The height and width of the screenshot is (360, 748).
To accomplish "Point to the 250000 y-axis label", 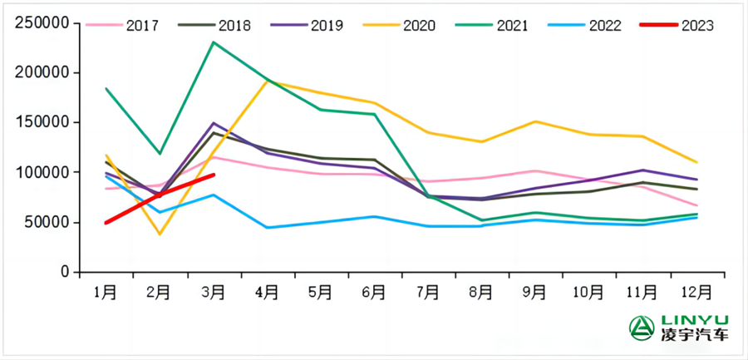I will (41, 23).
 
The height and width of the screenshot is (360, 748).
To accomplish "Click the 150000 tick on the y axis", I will (41, 123).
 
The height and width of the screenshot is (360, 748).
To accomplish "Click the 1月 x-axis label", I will (106, 293).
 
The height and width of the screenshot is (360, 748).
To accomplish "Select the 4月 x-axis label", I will (267, 293).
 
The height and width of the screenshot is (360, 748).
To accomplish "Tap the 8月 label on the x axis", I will (482, 293).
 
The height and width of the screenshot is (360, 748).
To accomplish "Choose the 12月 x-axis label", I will (696, 293).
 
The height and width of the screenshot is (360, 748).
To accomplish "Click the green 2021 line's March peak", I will (214, 42).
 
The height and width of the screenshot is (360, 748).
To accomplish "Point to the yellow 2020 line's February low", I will (160, 234).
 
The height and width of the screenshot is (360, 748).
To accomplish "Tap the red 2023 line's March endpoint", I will (214, 175).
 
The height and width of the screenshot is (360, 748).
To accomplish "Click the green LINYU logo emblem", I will (641, 327).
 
